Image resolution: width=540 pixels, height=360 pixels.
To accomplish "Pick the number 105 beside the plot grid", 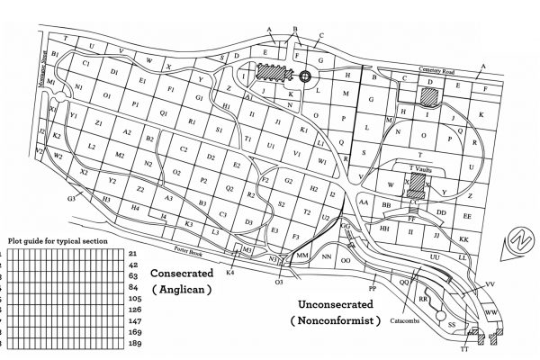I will click(134, 297).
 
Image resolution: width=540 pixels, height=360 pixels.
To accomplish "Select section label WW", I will click(491, 312).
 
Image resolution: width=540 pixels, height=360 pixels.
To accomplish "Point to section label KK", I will click(464, 240).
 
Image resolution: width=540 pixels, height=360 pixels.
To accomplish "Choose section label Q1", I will click(165, 114).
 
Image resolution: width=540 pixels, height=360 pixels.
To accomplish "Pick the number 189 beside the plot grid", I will click(134, 343).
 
